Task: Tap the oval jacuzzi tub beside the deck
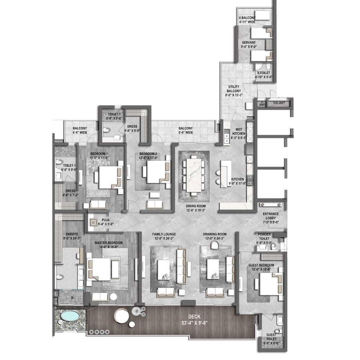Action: pyautogui.click(x=69, y=316)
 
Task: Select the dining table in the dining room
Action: pyautogui.click(x=194, y=175)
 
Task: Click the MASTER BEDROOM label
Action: pyautogui.click(x=109, y=245)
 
